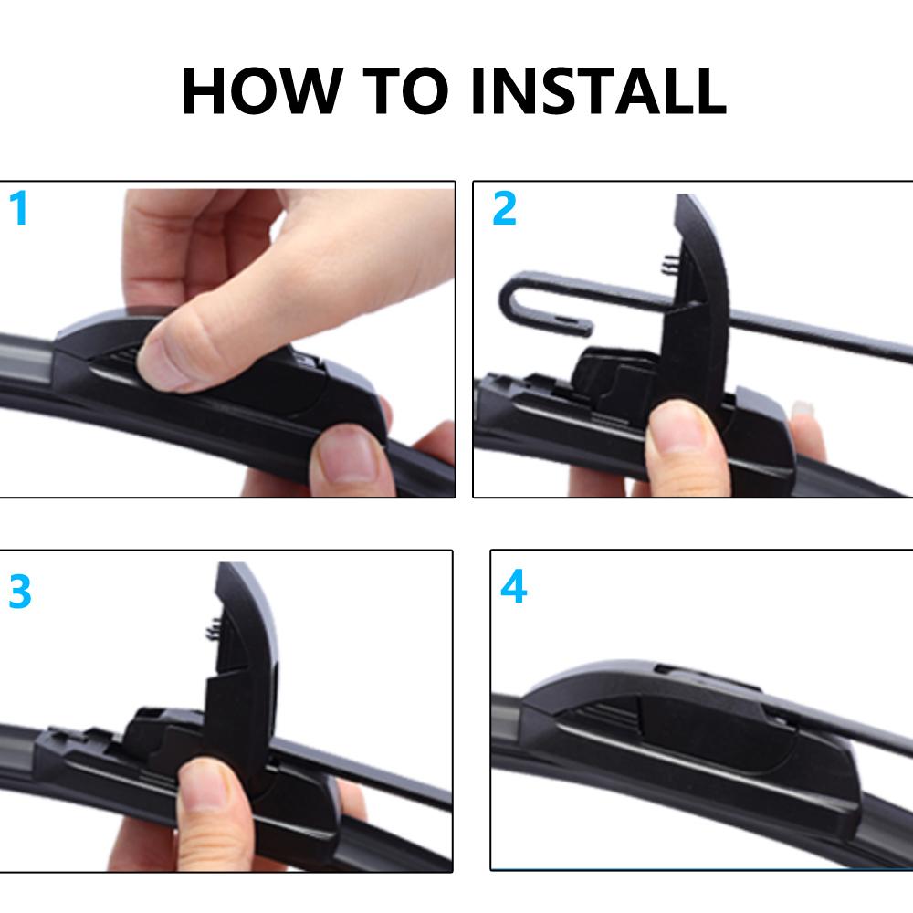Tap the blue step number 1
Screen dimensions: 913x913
point(18,209)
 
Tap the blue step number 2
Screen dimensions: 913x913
point(504,209)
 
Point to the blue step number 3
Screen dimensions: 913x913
point(19,593)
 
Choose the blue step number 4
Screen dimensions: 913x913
point(513,588)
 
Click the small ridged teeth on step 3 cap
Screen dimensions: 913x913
point(207,629)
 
